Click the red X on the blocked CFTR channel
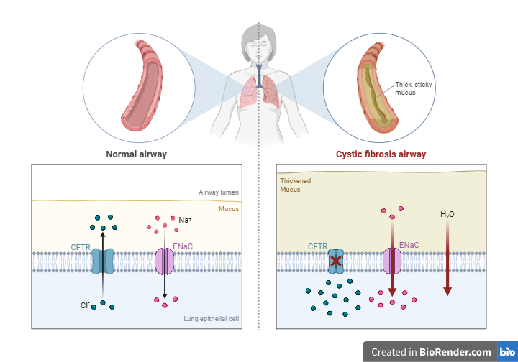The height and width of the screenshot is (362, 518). click(336, 261)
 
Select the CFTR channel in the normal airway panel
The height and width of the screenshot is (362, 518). click(102, 261)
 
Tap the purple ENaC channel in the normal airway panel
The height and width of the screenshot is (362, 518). click(164, 261)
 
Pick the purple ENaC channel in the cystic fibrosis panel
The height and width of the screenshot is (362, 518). click(392, 261)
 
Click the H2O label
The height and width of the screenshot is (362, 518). click(447, 214)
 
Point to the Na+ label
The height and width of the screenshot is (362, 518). click(185, 220)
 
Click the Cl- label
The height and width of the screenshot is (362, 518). click(85, 305)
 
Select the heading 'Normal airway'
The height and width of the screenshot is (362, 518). click(136, 154)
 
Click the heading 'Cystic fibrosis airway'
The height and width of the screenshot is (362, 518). click(381, 154)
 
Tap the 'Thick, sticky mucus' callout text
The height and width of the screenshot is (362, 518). click(413, 88)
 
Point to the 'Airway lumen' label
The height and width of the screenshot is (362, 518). click(219, 192)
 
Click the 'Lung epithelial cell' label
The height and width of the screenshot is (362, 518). click(211, 319)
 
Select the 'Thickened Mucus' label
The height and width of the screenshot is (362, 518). click(296, 185)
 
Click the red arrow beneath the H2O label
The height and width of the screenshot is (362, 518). click(447, 258)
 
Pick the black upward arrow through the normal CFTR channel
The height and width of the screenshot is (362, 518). click(103, 265)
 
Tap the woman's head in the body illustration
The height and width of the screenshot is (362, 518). click(258, 43)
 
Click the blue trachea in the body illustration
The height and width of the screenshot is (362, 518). click(259, 76)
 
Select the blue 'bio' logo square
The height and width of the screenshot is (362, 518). click(507, 351)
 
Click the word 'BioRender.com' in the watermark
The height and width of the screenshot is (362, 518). click(455, 352)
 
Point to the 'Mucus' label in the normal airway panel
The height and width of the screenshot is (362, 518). click(229, 209)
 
